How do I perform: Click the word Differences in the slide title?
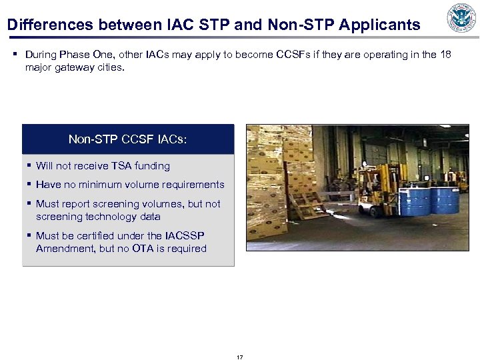[51, 25]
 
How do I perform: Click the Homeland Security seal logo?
[461, 19]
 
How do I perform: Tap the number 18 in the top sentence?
[445, 54]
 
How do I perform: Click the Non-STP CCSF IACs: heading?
[128, 139]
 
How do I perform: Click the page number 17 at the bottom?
[240, 357]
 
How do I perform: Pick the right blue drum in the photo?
[444, 199]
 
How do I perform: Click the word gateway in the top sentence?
[74, 67]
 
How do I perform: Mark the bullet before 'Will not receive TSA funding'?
[29, 166]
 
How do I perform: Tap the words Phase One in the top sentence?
[88, 54]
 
